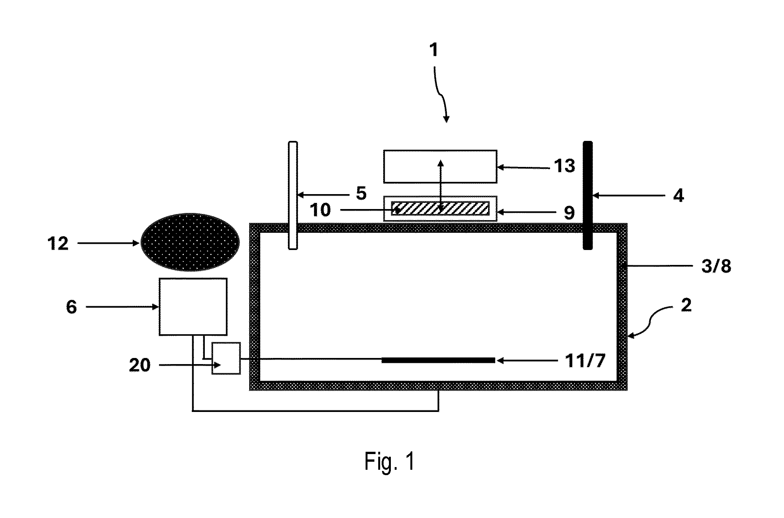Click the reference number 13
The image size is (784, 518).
point(565,166)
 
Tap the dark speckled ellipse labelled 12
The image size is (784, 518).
point(190,242)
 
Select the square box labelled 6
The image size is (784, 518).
point(193,307)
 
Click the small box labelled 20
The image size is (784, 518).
point(226,358)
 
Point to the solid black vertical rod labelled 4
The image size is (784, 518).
point(588,195)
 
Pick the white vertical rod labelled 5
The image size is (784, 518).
point(293,195)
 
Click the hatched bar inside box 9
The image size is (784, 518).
point(440,208)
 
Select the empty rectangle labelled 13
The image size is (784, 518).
point(440,166)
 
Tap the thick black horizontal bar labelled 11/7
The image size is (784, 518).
point(438,360)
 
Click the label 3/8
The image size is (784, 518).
point(716,266)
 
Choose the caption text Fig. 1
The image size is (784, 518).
point(389,461)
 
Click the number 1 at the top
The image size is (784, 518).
point(434,50)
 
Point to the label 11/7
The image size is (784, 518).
point(585,361)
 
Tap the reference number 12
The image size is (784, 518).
point(58,243)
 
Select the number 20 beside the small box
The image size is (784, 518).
point(139,365)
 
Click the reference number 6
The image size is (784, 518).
point(72,307)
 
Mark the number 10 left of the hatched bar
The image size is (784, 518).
point(320,210)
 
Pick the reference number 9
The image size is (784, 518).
point(569,213)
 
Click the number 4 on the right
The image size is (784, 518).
point(678,196)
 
